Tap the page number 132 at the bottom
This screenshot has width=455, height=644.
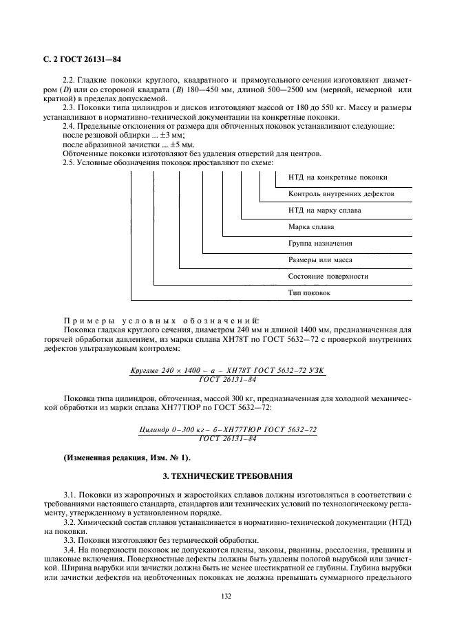pos(227,597)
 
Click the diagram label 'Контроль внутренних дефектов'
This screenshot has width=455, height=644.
pos(341,194)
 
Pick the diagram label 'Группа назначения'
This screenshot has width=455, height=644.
pos(320,244)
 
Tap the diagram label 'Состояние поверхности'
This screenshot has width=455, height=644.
pos(328,277)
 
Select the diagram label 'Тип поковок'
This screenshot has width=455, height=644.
pos(309,293)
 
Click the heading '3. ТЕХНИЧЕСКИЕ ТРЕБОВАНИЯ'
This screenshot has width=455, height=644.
pos(227,475)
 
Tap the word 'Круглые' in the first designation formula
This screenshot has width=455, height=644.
pos(145,371)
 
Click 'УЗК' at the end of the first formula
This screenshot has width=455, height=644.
pos(316,371)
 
